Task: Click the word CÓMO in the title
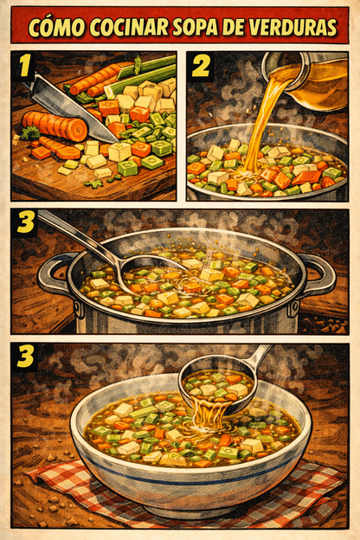(x=56, y=27)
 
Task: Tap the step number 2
(x=201, y=67)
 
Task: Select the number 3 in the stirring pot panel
(x=27, y=223)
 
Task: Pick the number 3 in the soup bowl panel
(x=27, y=358)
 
